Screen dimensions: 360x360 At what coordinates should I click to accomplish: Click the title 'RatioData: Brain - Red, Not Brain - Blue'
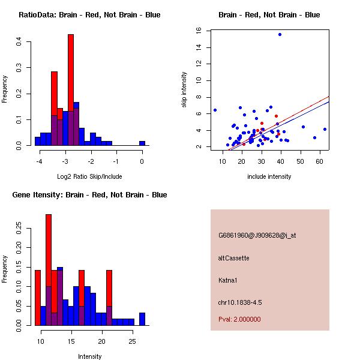pos(89,15)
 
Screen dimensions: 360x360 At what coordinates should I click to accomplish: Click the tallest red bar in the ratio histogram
pos(71,90)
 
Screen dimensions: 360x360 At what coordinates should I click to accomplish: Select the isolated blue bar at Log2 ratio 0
pos(142,143)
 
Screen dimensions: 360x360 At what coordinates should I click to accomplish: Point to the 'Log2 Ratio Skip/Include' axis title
pos(89,176)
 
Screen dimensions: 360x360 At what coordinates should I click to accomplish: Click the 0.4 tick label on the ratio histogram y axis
pos(20,41)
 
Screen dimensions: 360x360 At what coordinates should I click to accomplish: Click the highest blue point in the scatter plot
pos(280,34)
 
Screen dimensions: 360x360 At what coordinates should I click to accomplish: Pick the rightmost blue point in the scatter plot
pos(325,129)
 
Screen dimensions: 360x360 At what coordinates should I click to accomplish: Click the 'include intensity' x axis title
pos(269,176)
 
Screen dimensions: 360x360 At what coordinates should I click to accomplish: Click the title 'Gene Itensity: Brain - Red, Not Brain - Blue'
pos(88,195)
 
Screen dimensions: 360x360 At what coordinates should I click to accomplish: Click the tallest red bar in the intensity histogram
pos(49,269)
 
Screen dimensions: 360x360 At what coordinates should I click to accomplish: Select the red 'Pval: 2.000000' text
pos(239,319)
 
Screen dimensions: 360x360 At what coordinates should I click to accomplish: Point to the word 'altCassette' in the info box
pos(234,258)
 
